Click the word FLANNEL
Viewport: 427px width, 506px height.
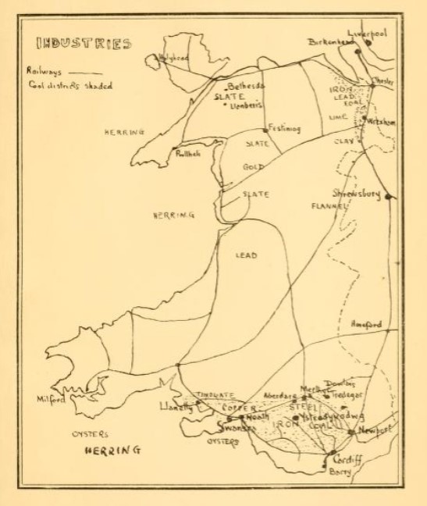tap(327, 208)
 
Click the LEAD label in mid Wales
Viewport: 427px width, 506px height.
tap(246, 255)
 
